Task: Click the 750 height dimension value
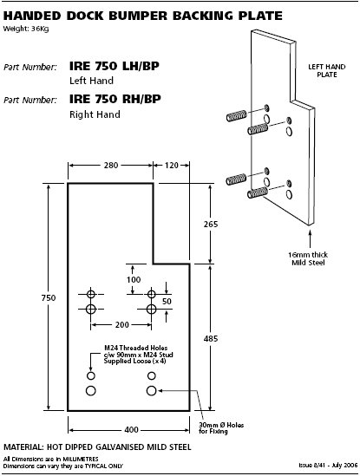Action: coord(49,297)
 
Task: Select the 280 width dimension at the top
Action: coord(111,165)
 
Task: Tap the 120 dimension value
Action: coord(172,165)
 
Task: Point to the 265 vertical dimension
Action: coord(211,224)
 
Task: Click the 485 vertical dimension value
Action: coord(211,338)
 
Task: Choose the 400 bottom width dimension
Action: coord(132,429)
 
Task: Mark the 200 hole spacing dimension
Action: coord(122,325)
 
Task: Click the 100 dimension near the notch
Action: coord(134,279)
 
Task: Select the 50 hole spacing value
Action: coord(167,301)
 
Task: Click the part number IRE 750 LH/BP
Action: coord(115,66)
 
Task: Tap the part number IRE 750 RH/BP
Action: coord(115,99)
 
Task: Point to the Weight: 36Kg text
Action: coord(26,29)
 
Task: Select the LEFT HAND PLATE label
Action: coord(327,71)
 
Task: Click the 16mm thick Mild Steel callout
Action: coord(308,258)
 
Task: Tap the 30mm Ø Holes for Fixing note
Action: coord(221,428)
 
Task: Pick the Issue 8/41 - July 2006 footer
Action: coord(328,465)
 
